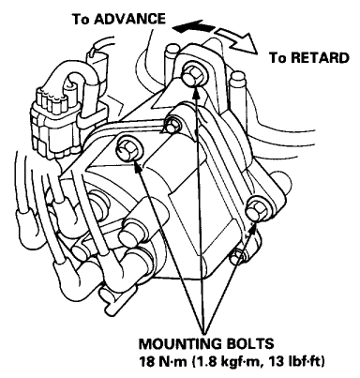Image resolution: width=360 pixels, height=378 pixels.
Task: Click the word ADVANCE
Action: [x=129, y=19]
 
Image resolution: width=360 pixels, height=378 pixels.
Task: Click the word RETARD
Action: [x=317, y=58]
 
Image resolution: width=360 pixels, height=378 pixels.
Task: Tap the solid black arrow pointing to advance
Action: [x=193, y=27]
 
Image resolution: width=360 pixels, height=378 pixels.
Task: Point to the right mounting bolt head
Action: [x=254, y=210]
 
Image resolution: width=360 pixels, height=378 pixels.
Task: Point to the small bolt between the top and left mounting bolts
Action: [x=172, y=126]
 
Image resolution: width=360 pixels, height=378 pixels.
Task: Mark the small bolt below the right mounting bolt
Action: [x=237, y=256]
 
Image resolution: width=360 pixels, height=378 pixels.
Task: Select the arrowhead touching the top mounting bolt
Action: [x=196, y=91]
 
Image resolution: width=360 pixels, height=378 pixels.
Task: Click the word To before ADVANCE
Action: [x=81, y=19]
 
